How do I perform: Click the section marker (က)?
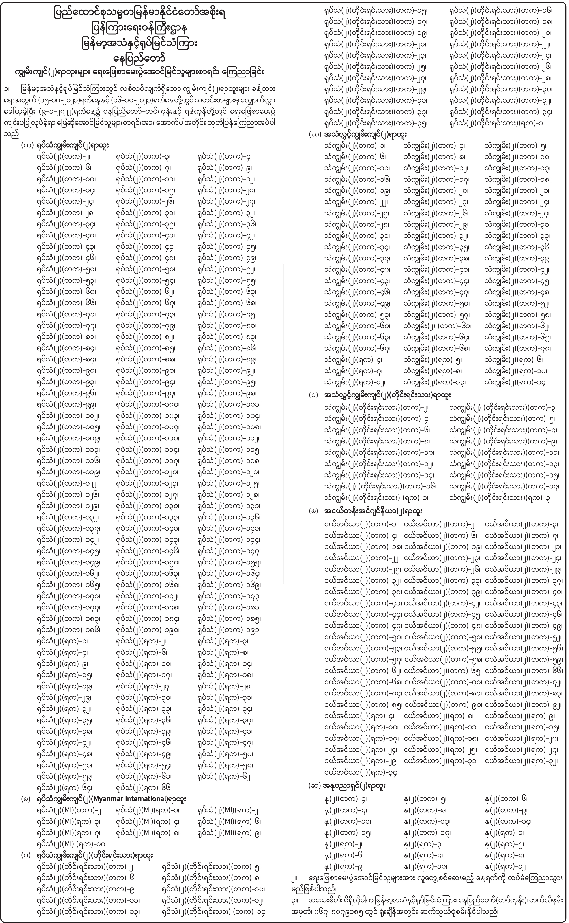tap(27, 145)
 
